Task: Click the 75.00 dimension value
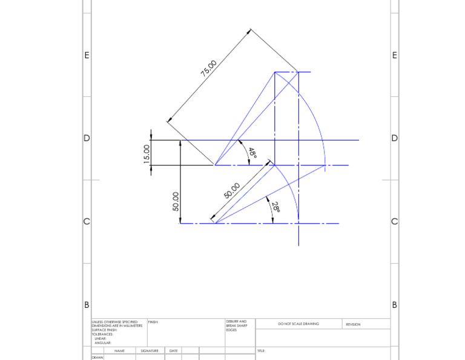[x=209, y=68]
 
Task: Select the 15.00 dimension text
[x=146, y=153]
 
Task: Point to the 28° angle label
[x=275, y=207]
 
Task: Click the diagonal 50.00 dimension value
[x=232, y=191]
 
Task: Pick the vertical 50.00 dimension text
[x=176, y=201]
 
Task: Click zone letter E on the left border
[x=87, y=55]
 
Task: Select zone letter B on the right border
[x=395, y=305]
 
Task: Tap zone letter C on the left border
[x=87, y=221]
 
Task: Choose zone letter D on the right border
[x=395, y=138]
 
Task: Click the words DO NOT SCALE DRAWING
[x=298, y=324]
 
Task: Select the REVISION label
[x=353, y=324]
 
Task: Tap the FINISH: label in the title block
[x=153, y=322]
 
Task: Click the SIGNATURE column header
[x=150, y=351]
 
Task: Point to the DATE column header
[x=173, y=351]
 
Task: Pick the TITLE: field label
[x=261, y=351]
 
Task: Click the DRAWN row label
[x=97, y=358]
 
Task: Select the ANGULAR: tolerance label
[x=103, y=343]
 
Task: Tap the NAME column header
[x=119, y=351]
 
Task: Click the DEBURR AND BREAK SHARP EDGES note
[x=236, y=325]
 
